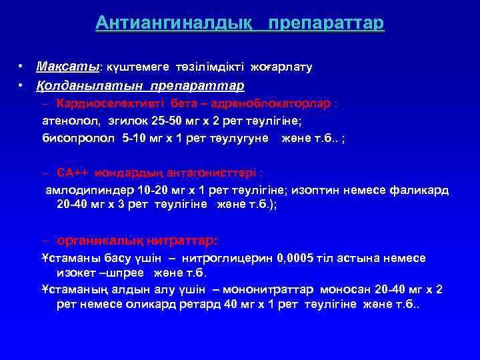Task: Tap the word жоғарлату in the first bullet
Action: click(x=281, y=67)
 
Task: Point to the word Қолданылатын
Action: click(x=91, y=86)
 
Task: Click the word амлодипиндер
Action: click(x=84, y=190)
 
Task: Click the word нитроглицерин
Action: click(x=223, y=258)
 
